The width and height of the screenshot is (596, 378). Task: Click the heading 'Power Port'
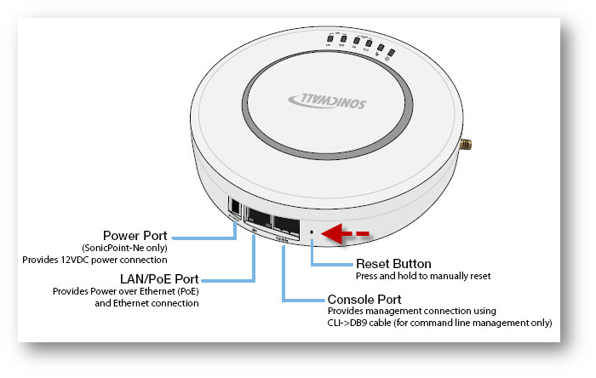pyautogui.click(x=135, y=235)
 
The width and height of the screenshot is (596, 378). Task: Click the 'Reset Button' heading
pyautogui.click(x=393, y=264)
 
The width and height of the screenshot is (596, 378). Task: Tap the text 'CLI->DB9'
pyautogui.click(x=350, y=324)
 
